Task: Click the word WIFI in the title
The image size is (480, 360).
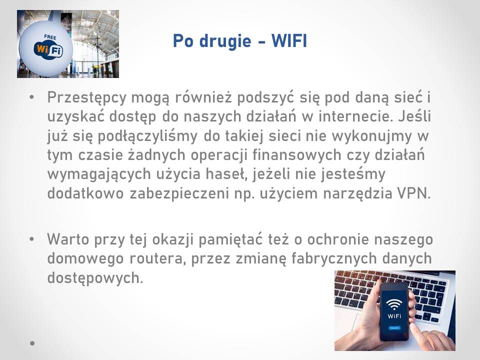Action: [289, 41]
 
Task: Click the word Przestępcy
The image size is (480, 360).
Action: [87, 98]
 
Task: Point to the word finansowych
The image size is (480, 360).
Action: [296, 154]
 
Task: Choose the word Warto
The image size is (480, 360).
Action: [68, 239]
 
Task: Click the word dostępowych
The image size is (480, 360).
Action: [95, 278]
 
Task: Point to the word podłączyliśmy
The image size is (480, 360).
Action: [147, 136]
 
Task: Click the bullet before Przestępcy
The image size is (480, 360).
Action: [32, 97]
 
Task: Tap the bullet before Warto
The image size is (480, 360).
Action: [32, 239]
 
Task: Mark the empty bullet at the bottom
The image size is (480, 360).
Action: [32, 343]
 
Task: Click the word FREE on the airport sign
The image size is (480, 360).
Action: [50, 37]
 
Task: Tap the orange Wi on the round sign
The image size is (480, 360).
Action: [42, 48]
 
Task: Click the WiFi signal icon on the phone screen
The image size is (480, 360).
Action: [394, 303]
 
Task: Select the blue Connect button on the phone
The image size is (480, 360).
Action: [394, 328]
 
